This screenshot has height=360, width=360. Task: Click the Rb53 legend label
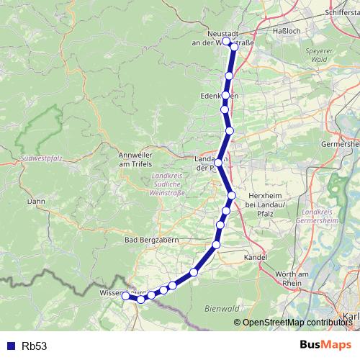pos(35,346)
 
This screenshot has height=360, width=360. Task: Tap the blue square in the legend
pos(12,346)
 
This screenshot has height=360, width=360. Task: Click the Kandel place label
pos(255,257)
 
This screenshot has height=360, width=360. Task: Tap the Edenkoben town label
pos(219,96)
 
